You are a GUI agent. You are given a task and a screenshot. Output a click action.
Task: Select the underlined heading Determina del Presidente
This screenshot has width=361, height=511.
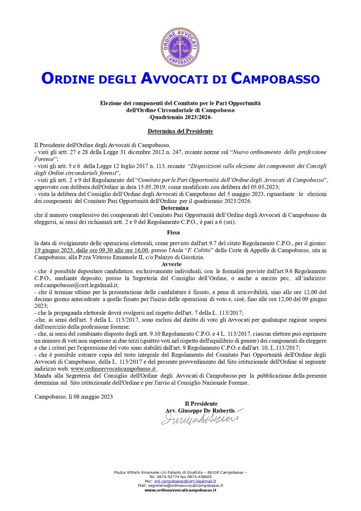pyautogui.click(x=180, y=131)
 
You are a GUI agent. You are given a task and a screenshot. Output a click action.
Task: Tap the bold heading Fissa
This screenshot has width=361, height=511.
pyautogui.click(x=180, y=232)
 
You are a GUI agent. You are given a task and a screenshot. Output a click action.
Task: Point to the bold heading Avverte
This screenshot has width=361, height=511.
pyautogui.click(x=180, y=264)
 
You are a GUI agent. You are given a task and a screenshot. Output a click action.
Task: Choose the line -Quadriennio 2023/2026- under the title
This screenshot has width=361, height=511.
pyautogui.click(x=180, y=116)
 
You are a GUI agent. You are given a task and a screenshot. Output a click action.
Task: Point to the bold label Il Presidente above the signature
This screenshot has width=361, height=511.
pyautogui.click(x=200, y=403)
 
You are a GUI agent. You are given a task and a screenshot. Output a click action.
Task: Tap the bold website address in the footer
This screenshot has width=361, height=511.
pyautogui.click(x=180, y=490)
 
